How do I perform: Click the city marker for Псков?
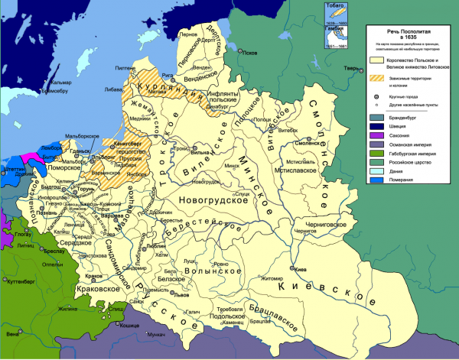(x=236, y=54)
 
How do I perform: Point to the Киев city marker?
(x=291, y=268)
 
